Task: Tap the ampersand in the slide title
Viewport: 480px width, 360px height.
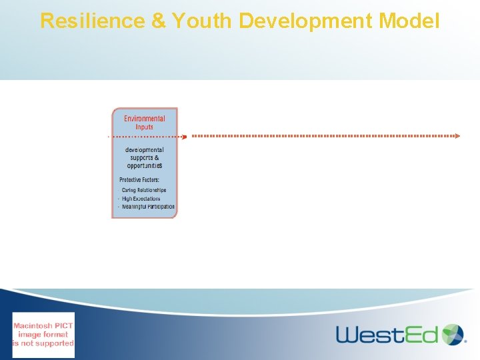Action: click(x=159, y=21)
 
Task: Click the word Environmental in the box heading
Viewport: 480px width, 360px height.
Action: click(x=145, y=119)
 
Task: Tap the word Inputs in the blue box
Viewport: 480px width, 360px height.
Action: click(x=145, y=127)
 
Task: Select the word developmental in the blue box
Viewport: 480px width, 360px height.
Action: click(x=145, y=150)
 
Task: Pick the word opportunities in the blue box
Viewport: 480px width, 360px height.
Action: click(x=145, y=165)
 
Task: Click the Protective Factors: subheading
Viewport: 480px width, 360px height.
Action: click(x=139, y=180)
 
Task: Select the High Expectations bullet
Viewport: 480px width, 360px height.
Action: click(x=141, y=199)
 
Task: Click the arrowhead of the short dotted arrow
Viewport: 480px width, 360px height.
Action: click(x=185, y=136)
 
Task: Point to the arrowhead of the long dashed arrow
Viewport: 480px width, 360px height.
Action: click(x=457, y=136)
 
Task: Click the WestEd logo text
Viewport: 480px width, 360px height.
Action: click(x=387, y=334)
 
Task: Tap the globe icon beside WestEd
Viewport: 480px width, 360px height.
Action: click(x=454, y=334)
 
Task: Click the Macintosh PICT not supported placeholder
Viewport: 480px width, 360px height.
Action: click(x=44, y=335)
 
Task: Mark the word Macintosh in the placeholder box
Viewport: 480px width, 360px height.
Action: click(x=44, y=325)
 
